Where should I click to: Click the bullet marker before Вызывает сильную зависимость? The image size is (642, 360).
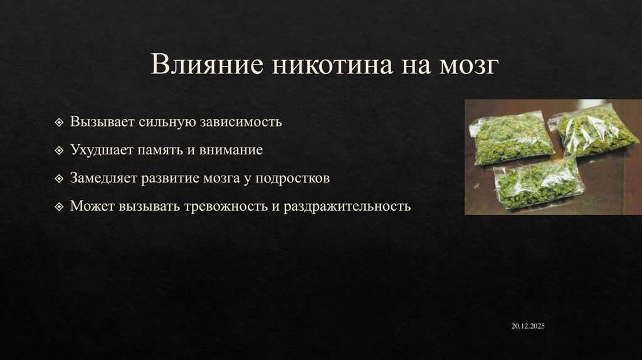[59, 122]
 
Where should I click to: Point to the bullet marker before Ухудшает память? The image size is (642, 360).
[59, 151]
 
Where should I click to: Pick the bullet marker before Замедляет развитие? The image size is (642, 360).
[59, 178]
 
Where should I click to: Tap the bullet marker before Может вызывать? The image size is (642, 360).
[59, 206]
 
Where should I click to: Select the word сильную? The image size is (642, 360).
[162, 122]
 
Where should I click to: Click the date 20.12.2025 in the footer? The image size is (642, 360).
[528, 327]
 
